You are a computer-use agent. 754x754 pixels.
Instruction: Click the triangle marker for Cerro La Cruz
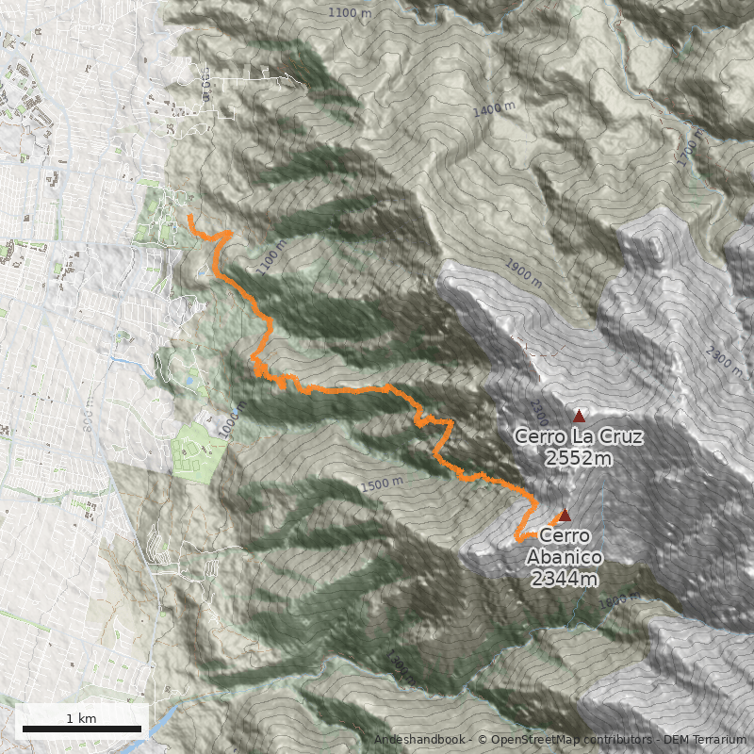click(x=579, y=416)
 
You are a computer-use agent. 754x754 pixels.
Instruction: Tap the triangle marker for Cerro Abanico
click(x=565, y=515)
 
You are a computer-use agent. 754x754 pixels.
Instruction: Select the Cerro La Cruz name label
click(x=579, y=437)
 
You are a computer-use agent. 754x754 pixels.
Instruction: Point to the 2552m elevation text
click(x=579, y=459)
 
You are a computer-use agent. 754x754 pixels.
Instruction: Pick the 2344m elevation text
click(x=565, y=578)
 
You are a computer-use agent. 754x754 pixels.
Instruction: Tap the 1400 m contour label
click(x=494, y=110)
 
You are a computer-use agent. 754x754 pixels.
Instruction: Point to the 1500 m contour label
click(x=381, y=484)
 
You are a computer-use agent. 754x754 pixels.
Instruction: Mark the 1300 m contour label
click(x=400, y=667)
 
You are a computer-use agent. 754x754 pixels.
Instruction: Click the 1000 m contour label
click(x=232, y=420)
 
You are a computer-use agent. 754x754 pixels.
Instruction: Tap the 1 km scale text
click(x=81, y=718)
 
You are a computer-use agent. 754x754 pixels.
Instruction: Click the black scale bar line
click(x=81, y=729)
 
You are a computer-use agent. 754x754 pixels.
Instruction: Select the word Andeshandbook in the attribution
click(x=419, y=741)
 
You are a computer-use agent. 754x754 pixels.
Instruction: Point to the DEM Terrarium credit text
click(x=698, y=741)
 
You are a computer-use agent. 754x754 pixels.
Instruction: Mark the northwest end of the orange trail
click(x=190, y=217)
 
